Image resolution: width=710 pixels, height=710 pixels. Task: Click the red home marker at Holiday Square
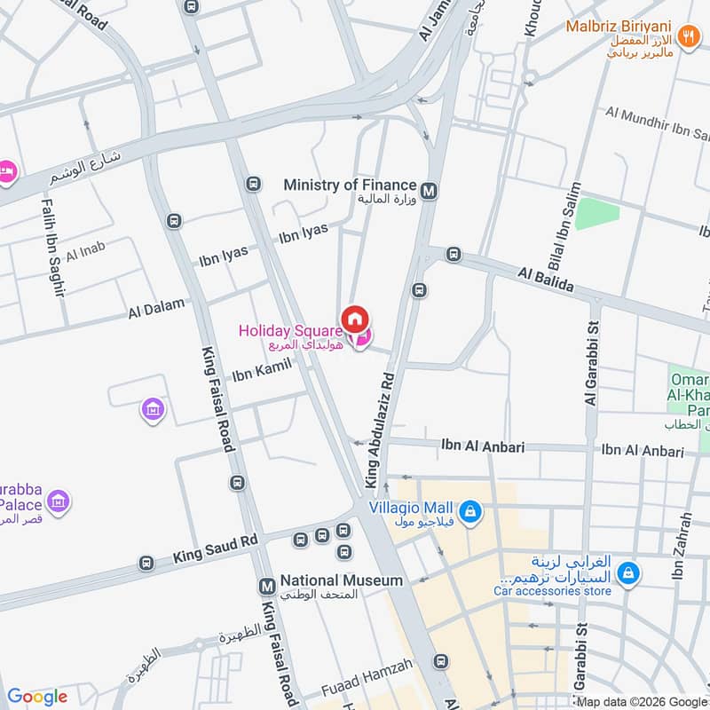[355, 319]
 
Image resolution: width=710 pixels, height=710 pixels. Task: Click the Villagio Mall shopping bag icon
[471, 512]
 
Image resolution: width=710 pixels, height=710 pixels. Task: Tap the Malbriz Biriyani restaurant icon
[688, 36]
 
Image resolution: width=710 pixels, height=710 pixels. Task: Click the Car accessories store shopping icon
[627, 573]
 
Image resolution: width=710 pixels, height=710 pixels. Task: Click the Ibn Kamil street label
[262, 369]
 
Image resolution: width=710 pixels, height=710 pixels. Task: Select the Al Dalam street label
[157, 308]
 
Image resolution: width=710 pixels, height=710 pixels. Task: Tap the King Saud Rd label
[215, 548]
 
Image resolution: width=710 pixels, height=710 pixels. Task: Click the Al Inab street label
[84, 252]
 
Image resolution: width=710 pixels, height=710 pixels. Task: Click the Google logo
[37, 697]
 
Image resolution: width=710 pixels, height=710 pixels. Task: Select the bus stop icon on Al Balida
[454, 255]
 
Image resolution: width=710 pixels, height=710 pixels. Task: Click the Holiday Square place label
[290, 331]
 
